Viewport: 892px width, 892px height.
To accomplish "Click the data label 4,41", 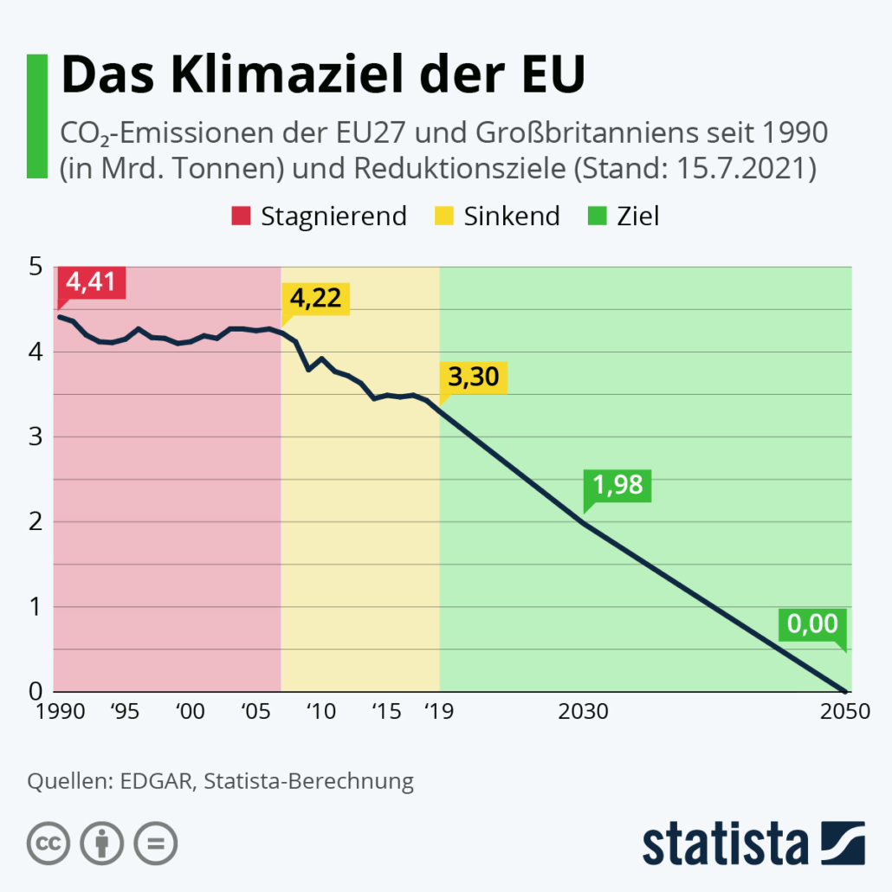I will click(91, 283).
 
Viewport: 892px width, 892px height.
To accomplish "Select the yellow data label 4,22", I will click(315, 300).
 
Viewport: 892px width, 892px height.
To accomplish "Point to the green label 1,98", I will click(618, 485).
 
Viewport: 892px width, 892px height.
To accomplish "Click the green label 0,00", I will click(812, 624).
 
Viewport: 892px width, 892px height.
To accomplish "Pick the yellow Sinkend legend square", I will click(443, 216).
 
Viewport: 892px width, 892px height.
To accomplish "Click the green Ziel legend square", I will click(597, 216).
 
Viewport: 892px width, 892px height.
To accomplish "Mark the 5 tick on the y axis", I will click(36, 267).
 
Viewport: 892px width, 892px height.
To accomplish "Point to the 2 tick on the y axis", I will click(36, 522).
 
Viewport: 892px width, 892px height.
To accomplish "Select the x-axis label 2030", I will click(583, 713).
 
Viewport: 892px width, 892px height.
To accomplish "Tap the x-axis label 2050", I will click(844, 713).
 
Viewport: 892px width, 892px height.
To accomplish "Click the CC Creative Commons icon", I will click(48, 842).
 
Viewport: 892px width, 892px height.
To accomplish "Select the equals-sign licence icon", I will click(156, 842).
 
